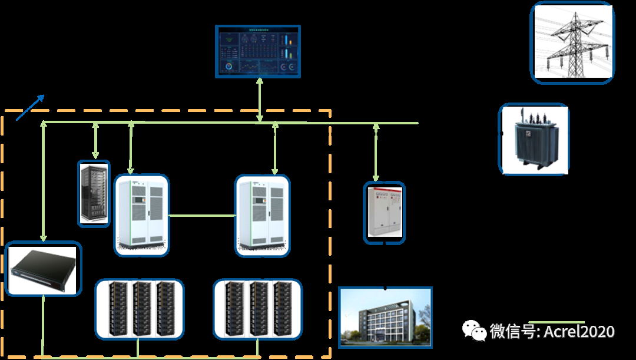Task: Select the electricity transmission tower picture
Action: coord(572,42)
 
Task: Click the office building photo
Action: coord(385,317)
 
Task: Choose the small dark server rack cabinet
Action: coord(94,193)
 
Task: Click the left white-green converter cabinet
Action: coord(141,214)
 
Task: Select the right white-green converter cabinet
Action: coord(263,214)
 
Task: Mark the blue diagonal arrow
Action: coord(29,107)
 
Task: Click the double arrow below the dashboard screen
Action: coord(259,100)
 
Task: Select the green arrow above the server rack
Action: coord(95,141)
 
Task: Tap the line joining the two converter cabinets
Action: coord(202,216)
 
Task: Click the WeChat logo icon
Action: coord(474,331)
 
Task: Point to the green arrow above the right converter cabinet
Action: coord(275,148)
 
